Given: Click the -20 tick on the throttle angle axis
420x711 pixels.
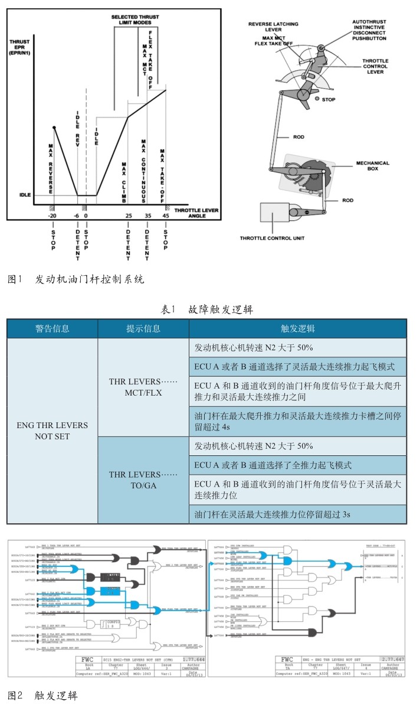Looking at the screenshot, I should pyautogui.click(x=53, y=216).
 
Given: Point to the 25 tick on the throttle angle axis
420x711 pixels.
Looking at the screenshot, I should pyautogui.click(x=128, y=216).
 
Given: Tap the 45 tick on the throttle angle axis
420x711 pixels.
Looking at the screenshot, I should pyautogui.click(x=165, y=216).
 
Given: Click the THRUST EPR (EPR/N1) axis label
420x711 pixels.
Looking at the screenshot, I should pyautogui.click(x=22, y=47).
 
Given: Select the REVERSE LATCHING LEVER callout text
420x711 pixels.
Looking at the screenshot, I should pyautogui.click(x=273, y=27).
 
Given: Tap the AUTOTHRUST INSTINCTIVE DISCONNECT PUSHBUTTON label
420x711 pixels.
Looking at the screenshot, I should pyautogui.click(x=369, y=30).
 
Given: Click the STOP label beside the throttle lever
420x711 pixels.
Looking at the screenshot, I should pyautogui.click(x=329, y=100).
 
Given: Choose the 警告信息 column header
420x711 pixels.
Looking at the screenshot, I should pyautogui.click(x=52, y=328).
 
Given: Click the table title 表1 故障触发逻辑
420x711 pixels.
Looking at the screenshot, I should pyautogui.click(x=207, y=309).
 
